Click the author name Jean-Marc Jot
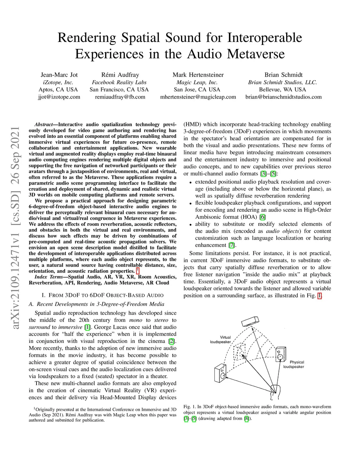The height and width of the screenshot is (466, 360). (59, 75)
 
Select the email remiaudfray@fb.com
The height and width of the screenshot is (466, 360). (120, 97)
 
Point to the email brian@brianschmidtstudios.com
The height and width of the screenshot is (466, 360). (283, 97)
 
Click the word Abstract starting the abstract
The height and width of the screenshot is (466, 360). (44, 125)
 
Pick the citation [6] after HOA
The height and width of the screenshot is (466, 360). (263, 217)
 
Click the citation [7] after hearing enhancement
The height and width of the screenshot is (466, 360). (231, 245)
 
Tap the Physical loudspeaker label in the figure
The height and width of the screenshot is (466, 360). (294, 364)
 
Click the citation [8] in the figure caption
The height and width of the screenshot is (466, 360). (247, 419)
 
